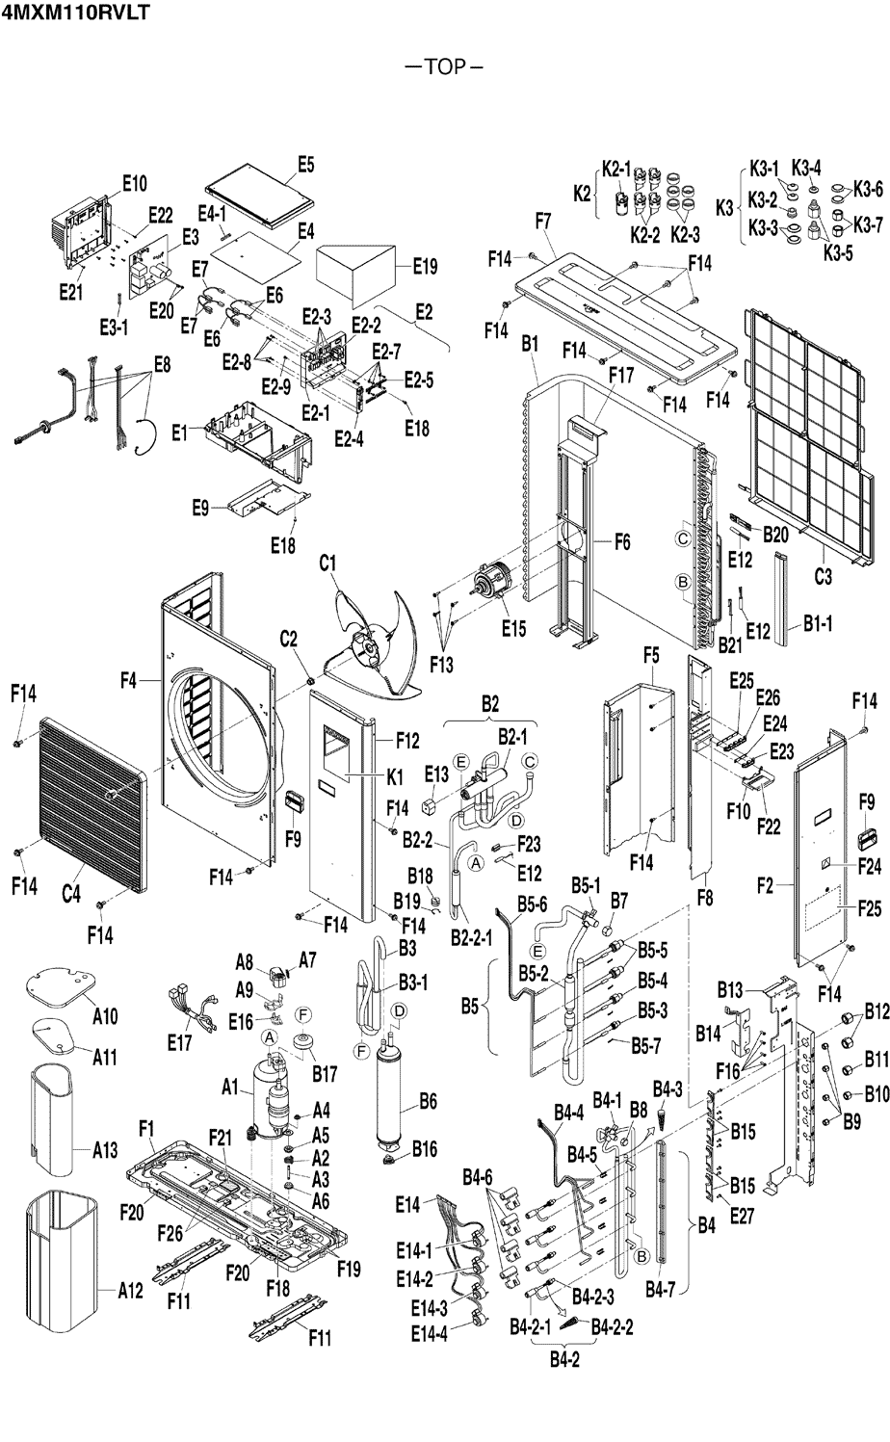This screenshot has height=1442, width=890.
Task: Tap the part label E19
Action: point(425,267)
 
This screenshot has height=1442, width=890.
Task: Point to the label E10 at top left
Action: point(135,182)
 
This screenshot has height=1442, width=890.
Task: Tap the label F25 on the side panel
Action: point(869,906)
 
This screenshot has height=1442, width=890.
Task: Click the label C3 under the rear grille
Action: point(823,577)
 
